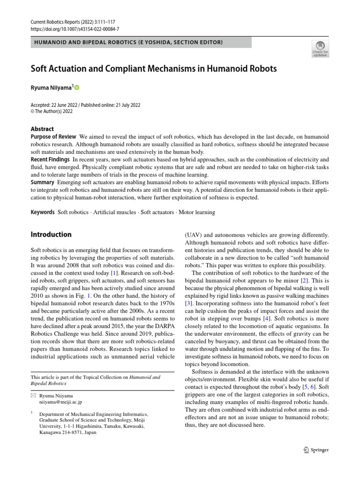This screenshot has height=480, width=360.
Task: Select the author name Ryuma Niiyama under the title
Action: pyautogui.click(x=51, y=88)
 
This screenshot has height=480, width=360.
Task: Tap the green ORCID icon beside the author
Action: pyautogui.click(x=77, y=88)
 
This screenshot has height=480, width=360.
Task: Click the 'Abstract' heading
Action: pyautogui.click(x=42, y=129)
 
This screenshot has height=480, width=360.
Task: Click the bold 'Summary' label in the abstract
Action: pyautogui.click(x=43, y=182)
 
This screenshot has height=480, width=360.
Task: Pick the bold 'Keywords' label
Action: pyautogui.click(x=43, y=212)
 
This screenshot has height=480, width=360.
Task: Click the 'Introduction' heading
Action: pyautogui.click(x=51, y=234)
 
